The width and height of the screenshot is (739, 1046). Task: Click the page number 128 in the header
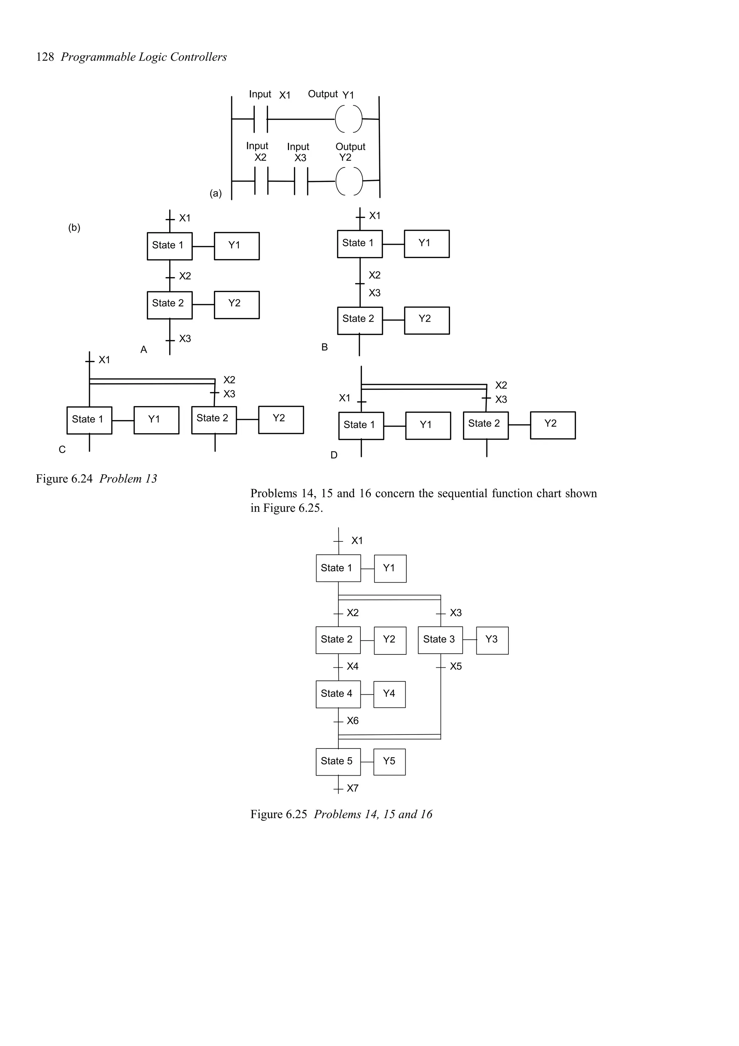(x=45, y=57)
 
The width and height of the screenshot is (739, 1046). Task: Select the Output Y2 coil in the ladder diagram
(x=349, y=181)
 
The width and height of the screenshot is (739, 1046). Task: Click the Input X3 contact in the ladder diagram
(x=301, y=181)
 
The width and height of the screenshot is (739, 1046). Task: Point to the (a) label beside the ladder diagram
(x=215, y=193)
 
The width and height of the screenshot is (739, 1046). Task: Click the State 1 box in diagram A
(x=169, y=246)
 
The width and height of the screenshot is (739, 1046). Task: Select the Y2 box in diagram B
(x=427, y=320)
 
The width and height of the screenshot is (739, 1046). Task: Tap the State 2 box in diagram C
(x=214, y=419)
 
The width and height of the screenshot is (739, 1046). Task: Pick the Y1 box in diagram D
(x=428, y=426)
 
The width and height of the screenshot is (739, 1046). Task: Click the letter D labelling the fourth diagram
(x=334, y=455)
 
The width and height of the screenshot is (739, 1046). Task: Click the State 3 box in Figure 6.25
(x=440, y=640)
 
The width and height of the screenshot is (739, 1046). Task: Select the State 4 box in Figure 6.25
(x=338, y=694)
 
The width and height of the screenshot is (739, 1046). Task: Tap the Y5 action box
(x=389, y=761)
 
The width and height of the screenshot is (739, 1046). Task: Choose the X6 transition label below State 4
(x=353, y=721)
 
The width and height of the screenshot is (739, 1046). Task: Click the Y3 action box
(x=492, y=640)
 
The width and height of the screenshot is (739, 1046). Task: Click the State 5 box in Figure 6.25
(x=338, y=761)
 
